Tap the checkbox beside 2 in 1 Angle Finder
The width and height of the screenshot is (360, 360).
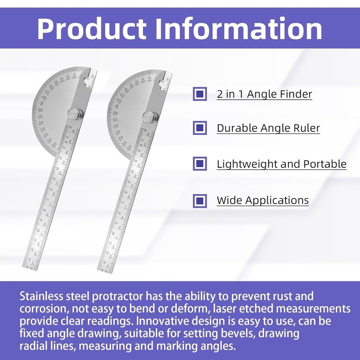point(200,94)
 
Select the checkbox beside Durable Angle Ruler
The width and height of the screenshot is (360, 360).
point(200,128)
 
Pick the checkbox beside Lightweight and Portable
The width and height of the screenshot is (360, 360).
point(200,164)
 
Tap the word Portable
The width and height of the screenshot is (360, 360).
point(325,164)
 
